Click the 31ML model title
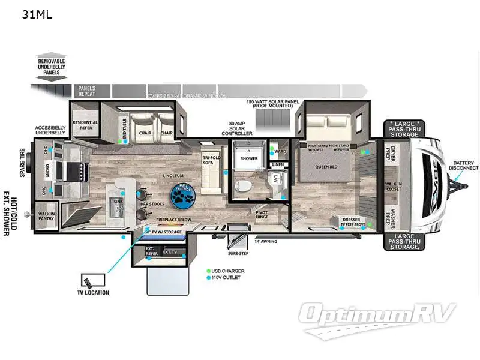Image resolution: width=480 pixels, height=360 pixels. coord(37,15)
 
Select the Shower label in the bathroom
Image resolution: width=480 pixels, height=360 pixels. coord(248,158)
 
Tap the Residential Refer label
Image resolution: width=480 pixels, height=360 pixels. coord(85,124)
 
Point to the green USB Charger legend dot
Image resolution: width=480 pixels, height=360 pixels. coord(208,271)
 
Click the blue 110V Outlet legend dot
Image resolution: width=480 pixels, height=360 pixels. coord(208,278)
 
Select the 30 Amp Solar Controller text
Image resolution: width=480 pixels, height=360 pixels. coord(240,128)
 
